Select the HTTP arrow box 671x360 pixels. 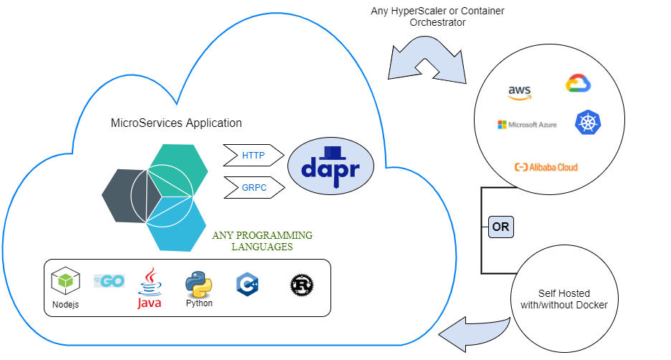click(253, 155)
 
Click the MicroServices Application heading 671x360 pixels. click(176, 123)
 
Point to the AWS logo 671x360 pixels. click(520, 91)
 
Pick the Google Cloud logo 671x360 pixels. click(578, 83)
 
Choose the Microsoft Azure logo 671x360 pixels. click(527, 125)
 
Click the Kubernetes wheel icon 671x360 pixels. click(586, 123)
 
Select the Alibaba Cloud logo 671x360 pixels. click(546, 167)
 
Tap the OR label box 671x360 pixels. click(501, 227)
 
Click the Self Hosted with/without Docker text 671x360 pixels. click(563, 299)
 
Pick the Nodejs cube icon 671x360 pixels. click(65, 281)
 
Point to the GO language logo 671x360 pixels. click(109, 281)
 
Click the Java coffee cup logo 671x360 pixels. click(150, 288)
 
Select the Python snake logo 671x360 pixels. click(199, 285)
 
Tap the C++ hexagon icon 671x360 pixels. click(247, 285)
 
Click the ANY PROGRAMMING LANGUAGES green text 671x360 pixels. click(262, 241)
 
